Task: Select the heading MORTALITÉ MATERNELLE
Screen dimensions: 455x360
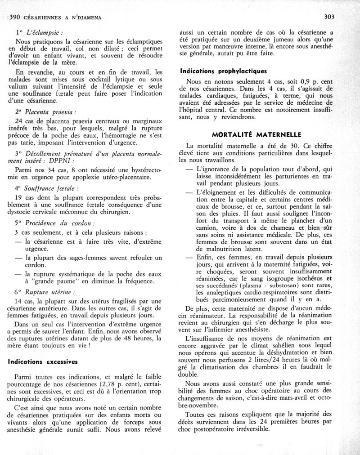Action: tap(257, 134)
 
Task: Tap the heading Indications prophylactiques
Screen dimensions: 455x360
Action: tap(224, 71)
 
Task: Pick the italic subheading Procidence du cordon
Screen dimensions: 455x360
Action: tap(60, 223)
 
